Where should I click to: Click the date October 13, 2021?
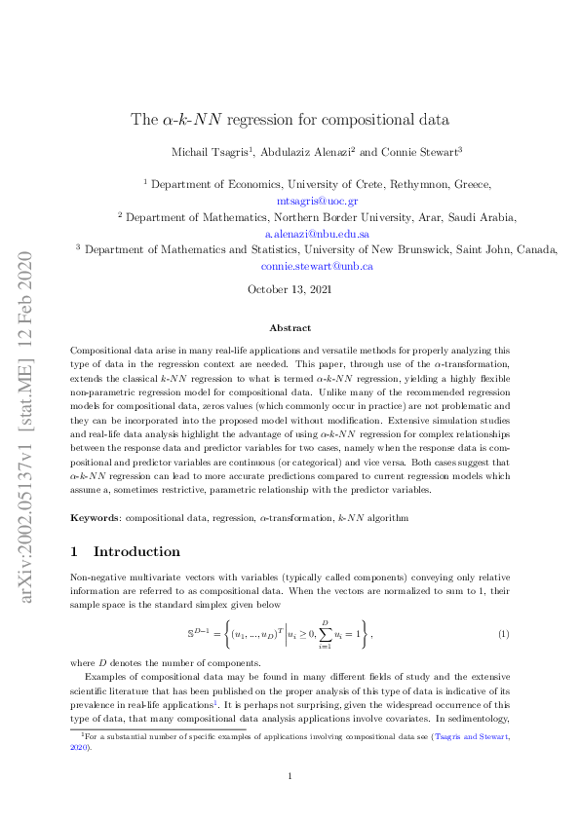click(x=290, y=289)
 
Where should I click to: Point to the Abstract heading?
click(x=290, y=328)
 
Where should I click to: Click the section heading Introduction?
click(x=136, y=551)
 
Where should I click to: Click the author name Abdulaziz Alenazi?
click(x=305, y=151)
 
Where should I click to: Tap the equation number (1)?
click(x=503, y=635)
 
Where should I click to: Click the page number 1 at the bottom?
click(x=290, y=775)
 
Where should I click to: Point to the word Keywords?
click(x=95, y=513)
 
